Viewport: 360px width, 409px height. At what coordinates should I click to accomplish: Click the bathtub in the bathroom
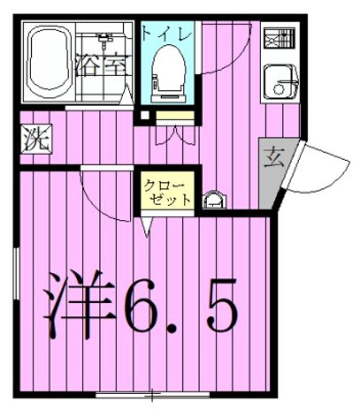pyautogui.click(x=50, y=62)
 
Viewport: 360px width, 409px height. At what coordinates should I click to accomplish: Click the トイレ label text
pyautogui.click(x=167, y=35)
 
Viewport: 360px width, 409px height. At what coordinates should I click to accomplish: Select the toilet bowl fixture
pyautogui.click(x=169, y=73)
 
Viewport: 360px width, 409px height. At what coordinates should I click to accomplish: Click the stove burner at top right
pyautogui.click(x=280, y=39)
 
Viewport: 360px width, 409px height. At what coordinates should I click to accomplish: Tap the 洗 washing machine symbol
pyautogui.click(x=36, y=138)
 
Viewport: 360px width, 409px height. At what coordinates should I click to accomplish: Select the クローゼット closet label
pyautogui.click(x=168, y=192)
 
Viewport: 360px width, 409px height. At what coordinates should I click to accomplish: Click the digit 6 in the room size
pyautogui.click(x=142, y=304)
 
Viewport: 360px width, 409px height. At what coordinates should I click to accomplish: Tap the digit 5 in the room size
pyautogui.click(x=221, y=304)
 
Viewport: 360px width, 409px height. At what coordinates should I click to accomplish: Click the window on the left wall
pyautogui.click(x=16, y=273)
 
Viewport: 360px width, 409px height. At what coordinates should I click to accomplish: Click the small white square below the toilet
pyautogui.click(x=145, y=115)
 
